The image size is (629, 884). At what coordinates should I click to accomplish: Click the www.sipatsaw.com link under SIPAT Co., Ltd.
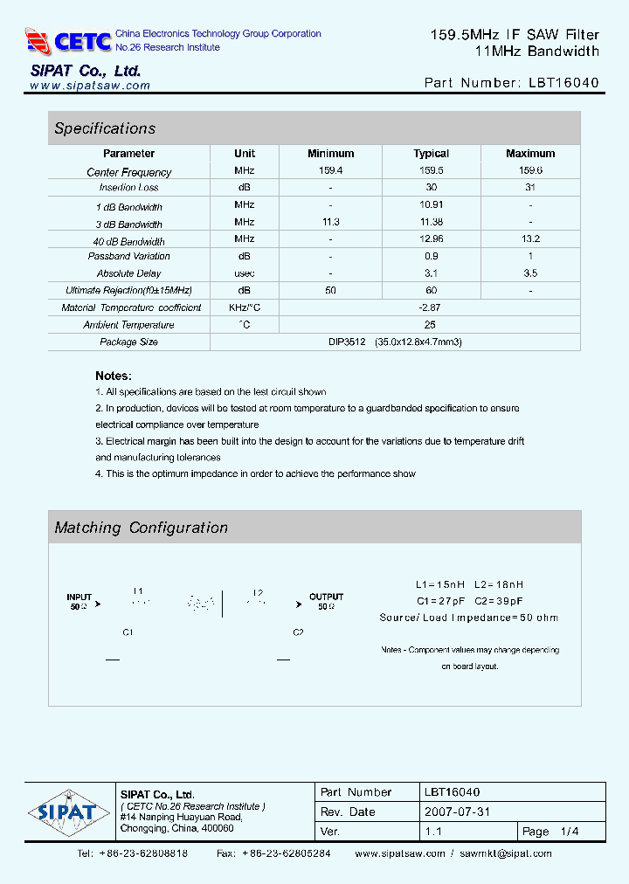[90, 86]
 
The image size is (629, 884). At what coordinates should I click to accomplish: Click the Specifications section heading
[105, 128]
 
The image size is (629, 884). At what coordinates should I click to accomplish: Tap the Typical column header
[431, 154]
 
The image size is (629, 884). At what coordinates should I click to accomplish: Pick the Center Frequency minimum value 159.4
[330, 171]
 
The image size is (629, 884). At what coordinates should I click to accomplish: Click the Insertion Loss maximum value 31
[529, 188]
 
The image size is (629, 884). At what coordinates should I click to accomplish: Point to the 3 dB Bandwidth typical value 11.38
[431, 223]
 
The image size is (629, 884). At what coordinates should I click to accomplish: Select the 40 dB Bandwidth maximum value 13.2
[529, 239]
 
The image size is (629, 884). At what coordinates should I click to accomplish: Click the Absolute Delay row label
[129, 273]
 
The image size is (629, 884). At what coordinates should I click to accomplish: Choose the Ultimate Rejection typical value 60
[431, 290]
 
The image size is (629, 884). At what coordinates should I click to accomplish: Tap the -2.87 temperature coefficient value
[430, 307]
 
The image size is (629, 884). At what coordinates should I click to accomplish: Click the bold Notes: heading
[114, 376]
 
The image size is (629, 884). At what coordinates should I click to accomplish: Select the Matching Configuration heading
[141, 528]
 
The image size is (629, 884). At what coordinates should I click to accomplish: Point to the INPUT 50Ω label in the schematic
[79, 601]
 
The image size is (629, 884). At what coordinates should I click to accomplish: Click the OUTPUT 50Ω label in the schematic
[326, 601]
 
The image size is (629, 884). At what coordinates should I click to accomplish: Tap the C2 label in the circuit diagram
[298, 632]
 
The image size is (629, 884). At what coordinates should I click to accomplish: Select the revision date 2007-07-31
[459, 811]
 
